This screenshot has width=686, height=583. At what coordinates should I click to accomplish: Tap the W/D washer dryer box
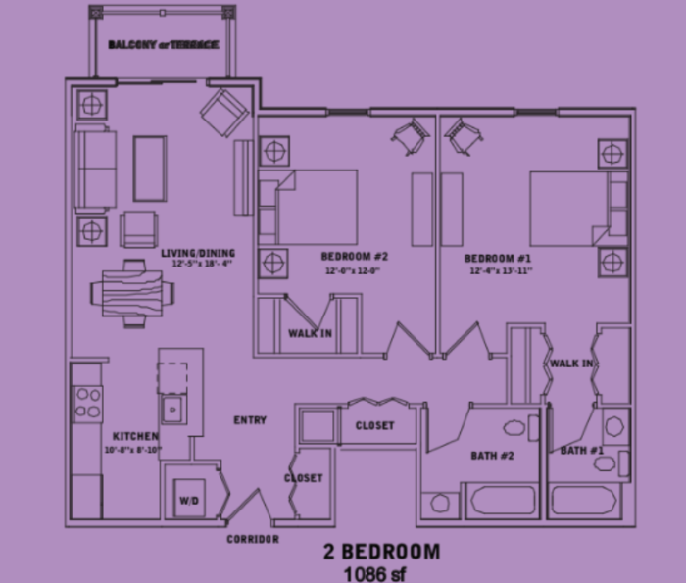(189, 500)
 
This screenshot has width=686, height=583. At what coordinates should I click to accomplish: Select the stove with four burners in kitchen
(88, 402)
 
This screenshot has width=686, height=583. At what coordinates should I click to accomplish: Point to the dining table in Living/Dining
(129, 293)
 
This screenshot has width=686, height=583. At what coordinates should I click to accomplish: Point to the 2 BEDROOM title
(382, 551)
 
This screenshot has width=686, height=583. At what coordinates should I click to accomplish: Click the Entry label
(250, 420)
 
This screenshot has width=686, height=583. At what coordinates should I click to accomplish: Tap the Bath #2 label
(490, 455)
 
